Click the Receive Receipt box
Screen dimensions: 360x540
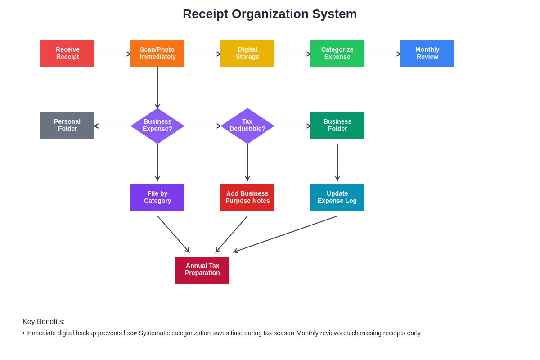67,54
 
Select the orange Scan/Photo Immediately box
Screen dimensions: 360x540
157,54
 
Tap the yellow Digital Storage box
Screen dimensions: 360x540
247,54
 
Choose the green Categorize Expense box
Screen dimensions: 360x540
337,54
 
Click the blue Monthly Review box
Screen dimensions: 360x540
427,54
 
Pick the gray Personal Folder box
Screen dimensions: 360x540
67,126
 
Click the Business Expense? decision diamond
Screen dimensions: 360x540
157,126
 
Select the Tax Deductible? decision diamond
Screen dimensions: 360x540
247,126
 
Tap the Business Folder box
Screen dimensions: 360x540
337,126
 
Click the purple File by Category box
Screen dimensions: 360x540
157,198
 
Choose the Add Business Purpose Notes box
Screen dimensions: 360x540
247,198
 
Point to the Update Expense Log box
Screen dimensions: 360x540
337,198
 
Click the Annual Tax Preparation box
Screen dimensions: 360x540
202,270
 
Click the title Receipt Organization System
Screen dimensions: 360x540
270,14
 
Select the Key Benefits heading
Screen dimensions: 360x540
44,322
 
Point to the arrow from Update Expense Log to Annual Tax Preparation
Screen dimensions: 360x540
286,234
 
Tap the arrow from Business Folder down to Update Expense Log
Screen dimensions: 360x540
337,162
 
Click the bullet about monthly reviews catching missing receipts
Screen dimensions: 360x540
358,333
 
